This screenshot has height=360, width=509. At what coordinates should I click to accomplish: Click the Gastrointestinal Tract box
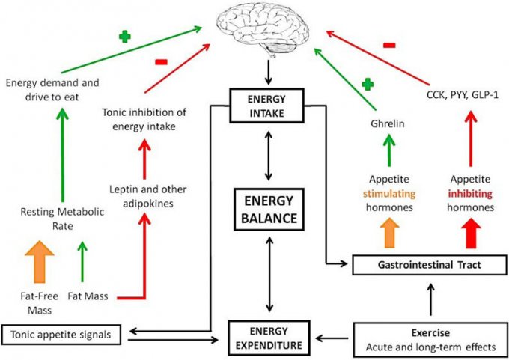click(425, 263)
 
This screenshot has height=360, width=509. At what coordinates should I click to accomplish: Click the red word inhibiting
click(469, 193)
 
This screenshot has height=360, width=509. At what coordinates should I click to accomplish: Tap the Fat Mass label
click(88, 296)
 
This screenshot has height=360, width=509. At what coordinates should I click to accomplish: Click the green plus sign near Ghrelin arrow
click(367, 84)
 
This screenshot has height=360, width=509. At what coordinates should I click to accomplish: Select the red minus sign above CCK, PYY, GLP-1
click(389, 46)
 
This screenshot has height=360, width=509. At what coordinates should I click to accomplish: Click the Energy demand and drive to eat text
click(53, 88)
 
